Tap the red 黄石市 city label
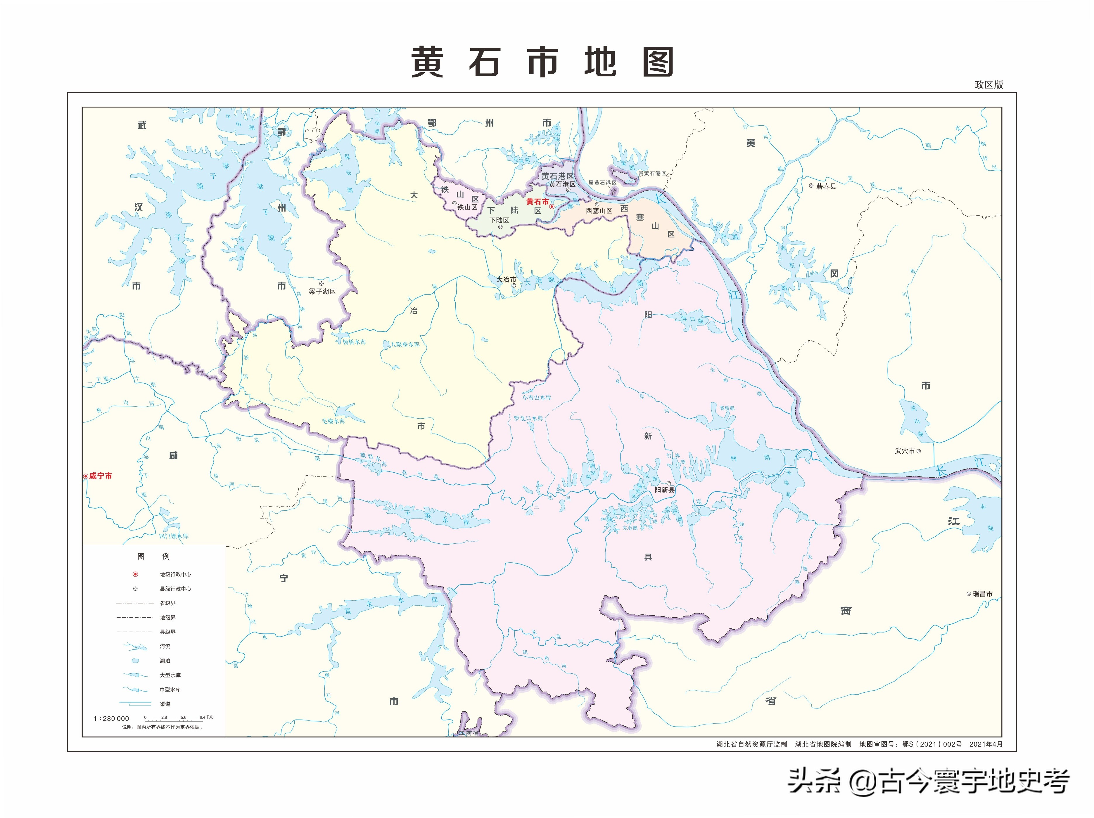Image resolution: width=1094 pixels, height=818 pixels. (x=538, y=202)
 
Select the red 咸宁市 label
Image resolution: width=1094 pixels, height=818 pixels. (x=101, y=476)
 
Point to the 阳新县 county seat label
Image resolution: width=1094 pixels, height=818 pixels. (x=665, y=490)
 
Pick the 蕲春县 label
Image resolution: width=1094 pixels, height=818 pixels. (x=826, y=186)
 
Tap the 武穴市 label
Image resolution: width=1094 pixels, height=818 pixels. (x=905, y=451)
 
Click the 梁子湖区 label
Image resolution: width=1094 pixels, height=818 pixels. (x=322, y=292)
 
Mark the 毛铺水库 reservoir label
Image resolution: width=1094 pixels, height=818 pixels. (x=333, y=421)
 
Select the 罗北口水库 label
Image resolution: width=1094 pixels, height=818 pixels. (x=528, y=418)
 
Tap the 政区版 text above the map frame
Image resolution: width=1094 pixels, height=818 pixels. (x=989, y=84)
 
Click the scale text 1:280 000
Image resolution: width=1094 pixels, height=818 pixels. (x=111, y=719)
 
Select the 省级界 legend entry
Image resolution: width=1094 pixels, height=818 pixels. (x=168, y=603)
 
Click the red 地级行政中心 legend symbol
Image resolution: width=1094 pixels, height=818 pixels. (x=135, y=574)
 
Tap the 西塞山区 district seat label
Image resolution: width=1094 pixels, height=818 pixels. (x=599, y=211)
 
